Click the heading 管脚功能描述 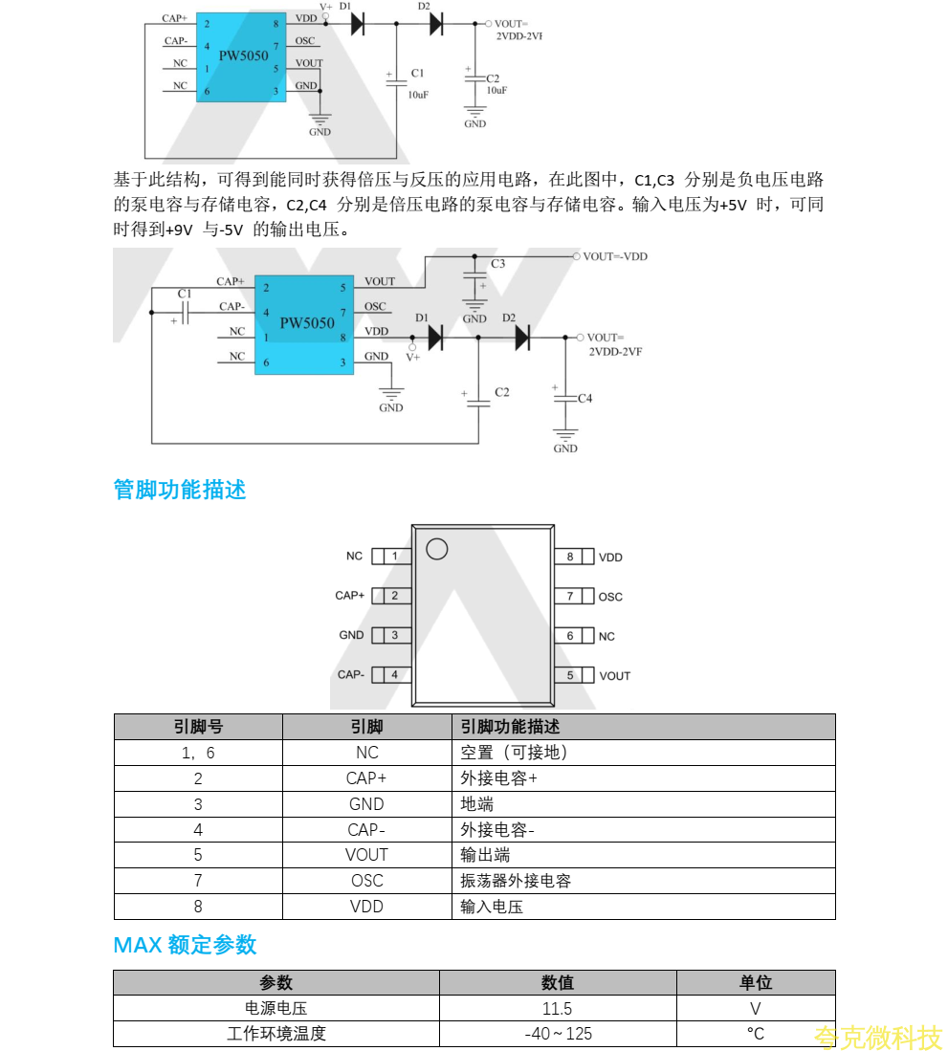180,490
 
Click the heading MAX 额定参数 185,945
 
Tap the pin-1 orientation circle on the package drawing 436,549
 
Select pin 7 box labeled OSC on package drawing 570,596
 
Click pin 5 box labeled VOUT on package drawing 570,675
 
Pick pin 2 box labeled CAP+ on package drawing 394,596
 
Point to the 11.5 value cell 557,1008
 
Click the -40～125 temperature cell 558,1034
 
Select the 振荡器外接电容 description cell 516,881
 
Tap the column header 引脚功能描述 510,727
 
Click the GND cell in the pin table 366,804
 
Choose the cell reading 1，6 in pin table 198,753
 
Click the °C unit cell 756,1034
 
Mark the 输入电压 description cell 492,907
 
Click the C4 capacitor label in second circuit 584,398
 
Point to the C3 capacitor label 497,263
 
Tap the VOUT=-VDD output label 615,256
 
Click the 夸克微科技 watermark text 878,1037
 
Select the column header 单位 756,982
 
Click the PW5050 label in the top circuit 243,55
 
